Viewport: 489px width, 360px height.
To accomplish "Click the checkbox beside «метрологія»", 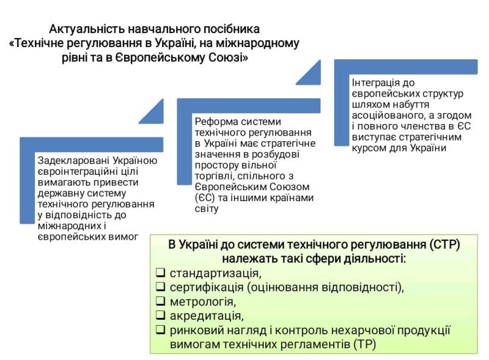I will [160, 301].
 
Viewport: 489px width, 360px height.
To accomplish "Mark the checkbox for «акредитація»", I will [160, 315].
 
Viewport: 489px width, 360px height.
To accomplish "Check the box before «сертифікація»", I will [160, 287].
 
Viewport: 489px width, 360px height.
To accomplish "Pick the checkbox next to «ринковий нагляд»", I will [160, 330].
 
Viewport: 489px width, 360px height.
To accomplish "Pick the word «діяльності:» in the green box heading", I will [374, 258].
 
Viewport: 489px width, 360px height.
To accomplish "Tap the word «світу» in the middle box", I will [205, 209].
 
